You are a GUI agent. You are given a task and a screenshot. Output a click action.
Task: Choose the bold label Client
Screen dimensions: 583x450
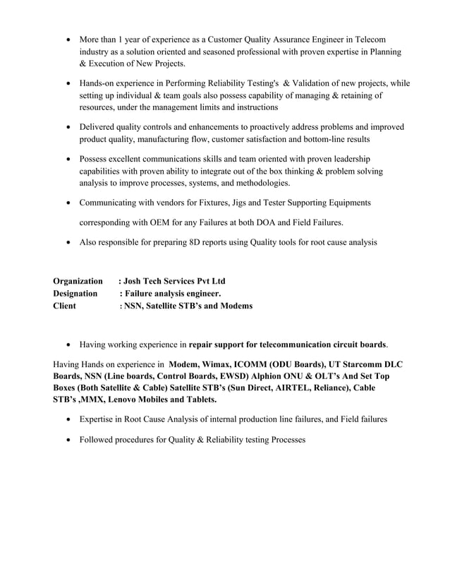(66, 306)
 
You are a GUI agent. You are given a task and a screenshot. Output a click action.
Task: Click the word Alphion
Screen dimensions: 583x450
(276, 376)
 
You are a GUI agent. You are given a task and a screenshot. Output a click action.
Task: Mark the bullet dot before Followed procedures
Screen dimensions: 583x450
(67, 440)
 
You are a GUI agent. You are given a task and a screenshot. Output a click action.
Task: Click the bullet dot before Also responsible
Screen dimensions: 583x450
(67, 243)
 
